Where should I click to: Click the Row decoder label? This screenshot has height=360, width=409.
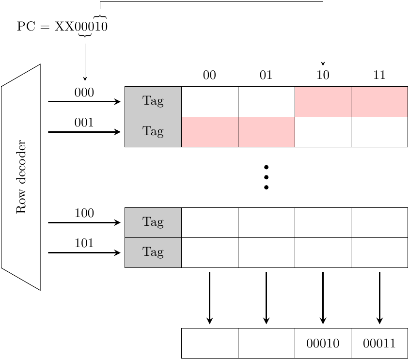[21, 177]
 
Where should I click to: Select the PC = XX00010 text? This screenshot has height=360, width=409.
[62, 27]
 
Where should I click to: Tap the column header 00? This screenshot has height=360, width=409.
[209, 75]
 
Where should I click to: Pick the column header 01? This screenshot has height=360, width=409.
[266, 75]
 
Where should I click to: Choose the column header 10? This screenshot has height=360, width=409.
[323, 75]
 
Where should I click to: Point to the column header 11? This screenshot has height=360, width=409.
[379, 75]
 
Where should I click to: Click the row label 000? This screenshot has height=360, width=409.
[84, 93]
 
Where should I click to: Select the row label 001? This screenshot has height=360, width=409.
[84, 123]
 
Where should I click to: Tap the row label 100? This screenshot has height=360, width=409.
[84, 213]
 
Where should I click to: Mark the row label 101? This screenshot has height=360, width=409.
[84, 243]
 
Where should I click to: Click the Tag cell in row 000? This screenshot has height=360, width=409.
[153, 102]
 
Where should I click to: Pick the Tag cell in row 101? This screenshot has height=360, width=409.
[153, 252]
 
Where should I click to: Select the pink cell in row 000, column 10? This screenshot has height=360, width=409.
[323, 102]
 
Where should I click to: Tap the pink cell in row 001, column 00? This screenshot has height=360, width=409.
[209, 132]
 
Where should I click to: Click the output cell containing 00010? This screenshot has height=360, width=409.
[323, 344]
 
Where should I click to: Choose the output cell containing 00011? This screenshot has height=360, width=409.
[379, 344]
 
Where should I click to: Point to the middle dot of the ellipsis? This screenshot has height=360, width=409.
[266, 177]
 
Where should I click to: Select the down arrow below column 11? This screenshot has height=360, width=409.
[379, 297]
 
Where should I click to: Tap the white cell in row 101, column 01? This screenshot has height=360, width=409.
[266, 252]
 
